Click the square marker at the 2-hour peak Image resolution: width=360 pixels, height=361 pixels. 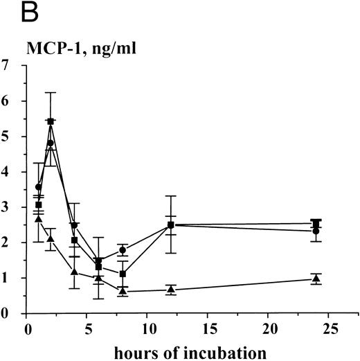click(51, 121)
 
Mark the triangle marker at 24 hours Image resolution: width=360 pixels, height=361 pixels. click(316, 279)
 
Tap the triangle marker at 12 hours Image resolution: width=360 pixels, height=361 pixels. click(171, 289)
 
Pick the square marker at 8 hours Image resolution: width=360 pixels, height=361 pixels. click(123, 274)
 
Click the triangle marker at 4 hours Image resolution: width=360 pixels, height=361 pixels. click(75, 272)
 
